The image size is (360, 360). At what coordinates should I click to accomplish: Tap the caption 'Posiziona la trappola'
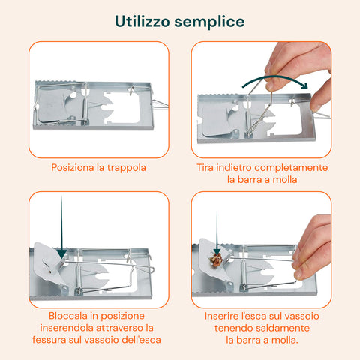click(x=98, y=168)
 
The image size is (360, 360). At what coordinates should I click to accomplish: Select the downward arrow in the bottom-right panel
click(x=217, y=232)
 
